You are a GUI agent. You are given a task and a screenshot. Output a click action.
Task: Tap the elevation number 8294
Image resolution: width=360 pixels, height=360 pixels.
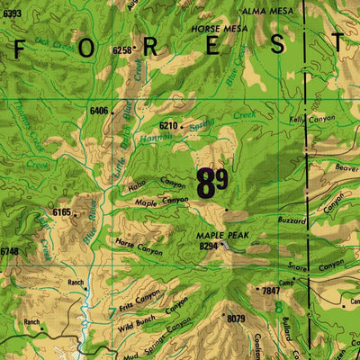coord(209,245)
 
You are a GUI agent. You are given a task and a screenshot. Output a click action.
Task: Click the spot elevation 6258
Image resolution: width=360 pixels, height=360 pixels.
coord(122,50)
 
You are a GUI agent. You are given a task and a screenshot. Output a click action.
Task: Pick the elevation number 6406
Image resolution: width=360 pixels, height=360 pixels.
coord(99,111)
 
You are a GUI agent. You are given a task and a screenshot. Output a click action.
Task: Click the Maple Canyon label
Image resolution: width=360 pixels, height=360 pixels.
coord(162,202)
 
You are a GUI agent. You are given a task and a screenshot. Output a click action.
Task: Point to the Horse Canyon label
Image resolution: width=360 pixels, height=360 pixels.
coord(139,247)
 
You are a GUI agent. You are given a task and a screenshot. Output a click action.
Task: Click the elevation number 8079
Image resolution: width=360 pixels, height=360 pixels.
coord(236,319)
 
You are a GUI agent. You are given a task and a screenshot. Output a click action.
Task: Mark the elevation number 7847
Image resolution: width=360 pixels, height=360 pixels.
coord(270,291)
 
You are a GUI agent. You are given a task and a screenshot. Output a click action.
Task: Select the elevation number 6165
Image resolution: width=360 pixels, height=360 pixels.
coord(61,211)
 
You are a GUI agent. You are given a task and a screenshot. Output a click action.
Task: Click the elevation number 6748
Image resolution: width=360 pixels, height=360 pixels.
coord(8,251)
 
